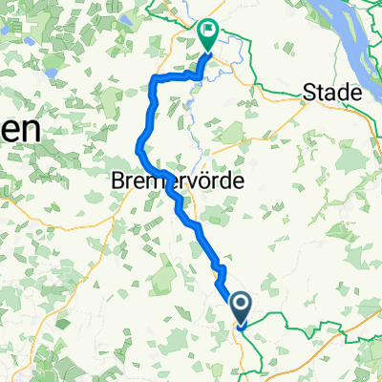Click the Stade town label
point(331,93)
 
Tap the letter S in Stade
point(309,93)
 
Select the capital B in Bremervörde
point(118,180)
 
